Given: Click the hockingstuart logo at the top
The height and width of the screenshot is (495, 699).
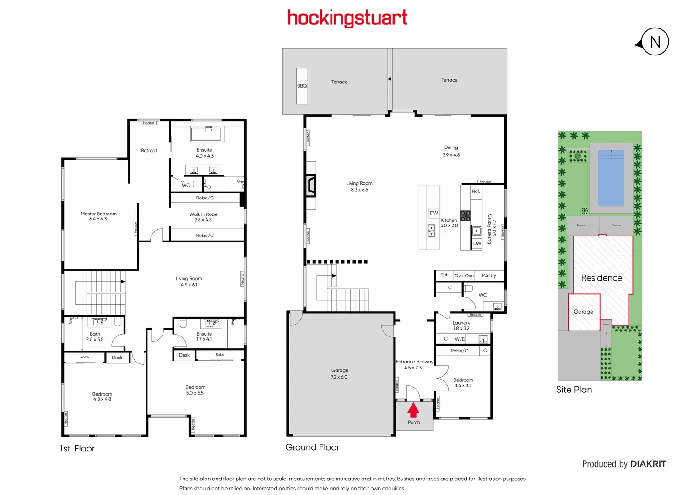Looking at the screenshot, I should [x=347, y=18].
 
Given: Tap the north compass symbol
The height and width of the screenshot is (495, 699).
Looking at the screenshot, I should [x=654, y=42].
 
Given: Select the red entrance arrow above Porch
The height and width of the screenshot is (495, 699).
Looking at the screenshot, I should [x=413, y=409].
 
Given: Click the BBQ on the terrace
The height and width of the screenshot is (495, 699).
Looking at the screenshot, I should [x=302, y=86].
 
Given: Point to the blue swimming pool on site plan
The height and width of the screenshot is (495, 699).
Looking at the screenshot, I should [x=611, y=178].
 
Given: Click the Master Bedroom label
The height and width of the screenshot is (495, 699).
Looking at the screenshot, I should [x=98, y=214].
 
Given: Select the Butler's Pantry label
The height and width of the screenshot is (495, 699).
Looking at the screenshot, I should [x=489, y=228].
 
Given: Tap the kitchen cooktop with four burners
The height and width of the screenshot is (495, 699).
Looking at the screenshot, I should [x=465, y=216].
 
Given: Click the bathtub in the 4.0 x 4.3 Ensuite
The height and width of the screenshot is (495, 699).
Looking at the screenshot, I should [x=206, y=134].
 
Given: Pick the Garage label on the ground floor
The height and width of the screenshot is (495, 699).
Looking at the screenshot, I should [x=340, y=370].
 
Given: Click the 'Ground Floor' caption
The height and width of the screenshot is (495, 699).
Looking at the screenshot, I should [x=312, y=447].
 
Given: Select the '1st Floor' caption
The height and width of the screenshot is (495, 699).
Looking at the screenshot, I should [x=77, y=449].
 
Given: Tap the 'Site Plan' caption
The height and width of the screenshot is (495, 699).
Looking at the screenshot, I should [x=574, y=390].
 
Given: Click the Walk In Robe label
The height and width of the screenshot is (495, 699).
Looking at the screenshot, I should [x=203, y=214].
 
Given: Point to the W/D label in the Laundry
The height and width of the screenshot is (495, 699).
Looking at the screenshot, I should [x=460, y=339].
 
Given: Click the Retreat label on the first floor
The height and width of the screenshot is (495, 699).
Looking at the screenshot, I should [x=149, y=151].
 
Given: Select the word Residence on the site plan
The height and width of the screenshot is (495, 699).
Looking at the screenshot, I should [x=601, y=278].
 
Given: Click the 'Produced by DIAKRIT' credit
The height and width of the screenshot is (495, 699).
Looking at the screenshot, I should [x=624, y=464].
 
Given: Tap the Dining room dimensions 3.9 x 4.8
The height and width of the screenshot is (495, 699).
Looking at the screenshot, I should [x=451, y=155].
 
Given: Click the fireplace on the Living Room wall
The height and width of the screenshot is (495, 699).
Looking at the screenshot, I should [x=311, y=186].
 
